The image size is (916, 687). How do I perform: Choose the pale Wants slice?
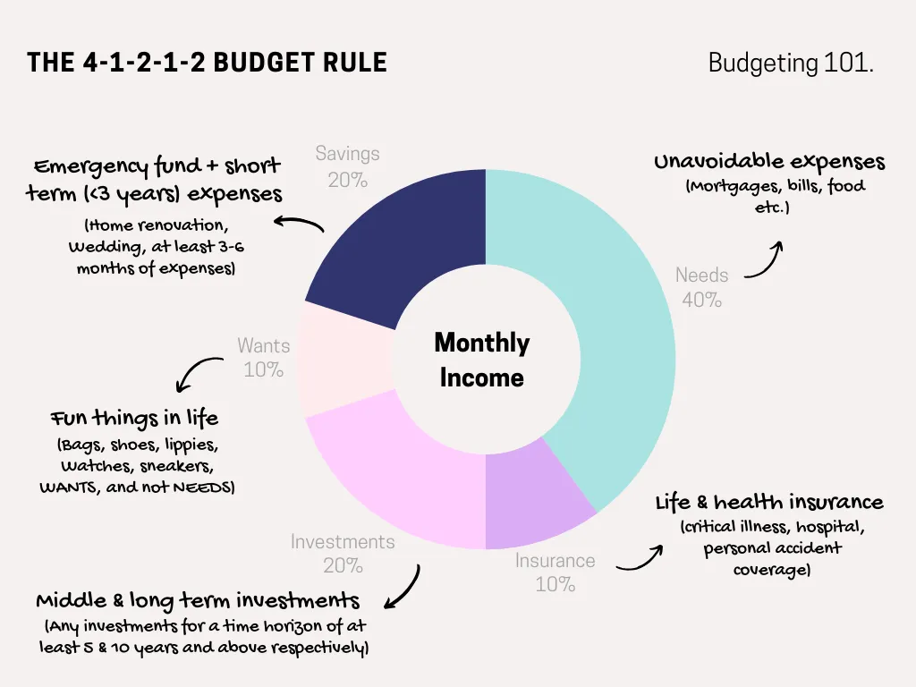coord(344,360)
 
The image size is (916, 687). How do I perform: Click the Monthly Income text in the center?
coord(482,360)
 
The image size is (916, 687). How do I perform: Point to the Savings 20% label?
coord(348,166)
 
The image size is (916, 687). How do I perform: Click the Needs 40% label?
coord(701,287)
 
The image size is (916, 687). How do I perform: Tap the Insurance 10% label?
coord(555,572)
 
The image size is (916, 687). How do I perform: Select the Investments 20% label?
coord(343,553)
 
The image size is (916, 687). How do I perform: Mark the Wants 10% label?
coord(264,358)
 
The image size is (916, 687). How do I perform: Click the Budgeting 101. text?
coord(791,63)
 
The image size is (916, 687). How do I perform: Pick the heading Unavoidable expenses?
coord(769,161)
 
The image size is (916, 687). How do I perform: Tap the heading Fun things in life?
coord(134,418)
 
